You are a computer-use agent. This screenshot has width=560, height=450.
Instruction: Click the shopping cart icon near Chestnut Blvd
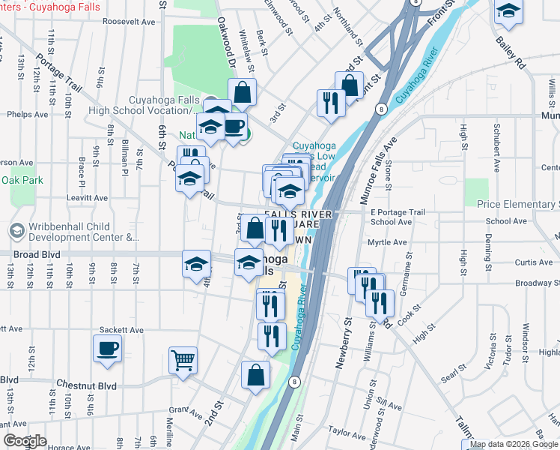[183, 361]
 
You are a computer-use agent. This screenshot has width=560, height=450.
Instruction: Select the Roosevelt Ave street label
[129, 22]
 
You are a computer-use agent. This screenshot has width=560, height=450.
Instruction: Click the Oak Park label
[22, 181]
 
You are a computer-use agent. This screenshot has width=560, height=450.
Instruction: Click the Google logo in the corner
[25, 441]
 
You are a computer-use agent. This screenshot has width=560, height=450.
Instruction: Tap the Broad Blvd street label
[36, 255]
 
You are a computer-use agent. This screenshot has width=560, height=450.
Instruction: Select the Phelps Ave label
[27, 115]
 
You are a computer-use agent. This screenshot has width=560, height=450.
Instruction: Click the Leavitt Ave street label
[86, 198]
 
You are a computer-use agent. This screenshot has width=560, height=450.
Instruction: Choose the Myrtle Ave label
[388, 242]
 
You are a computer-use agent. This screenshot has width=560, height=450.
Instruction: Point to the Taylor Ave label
[346, 433]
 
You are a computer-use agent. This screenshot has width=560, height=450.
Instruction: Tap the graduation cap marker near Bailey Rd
[508, 12]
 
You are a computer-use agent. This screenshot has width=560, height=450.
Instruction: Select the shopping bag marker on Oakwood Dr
[243, 94]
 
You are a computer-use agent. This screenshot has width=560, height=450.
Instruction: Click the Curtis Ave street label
[535, 262]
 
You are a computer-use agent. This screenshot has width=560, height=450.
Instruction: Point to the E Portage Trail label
[398, 212]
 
